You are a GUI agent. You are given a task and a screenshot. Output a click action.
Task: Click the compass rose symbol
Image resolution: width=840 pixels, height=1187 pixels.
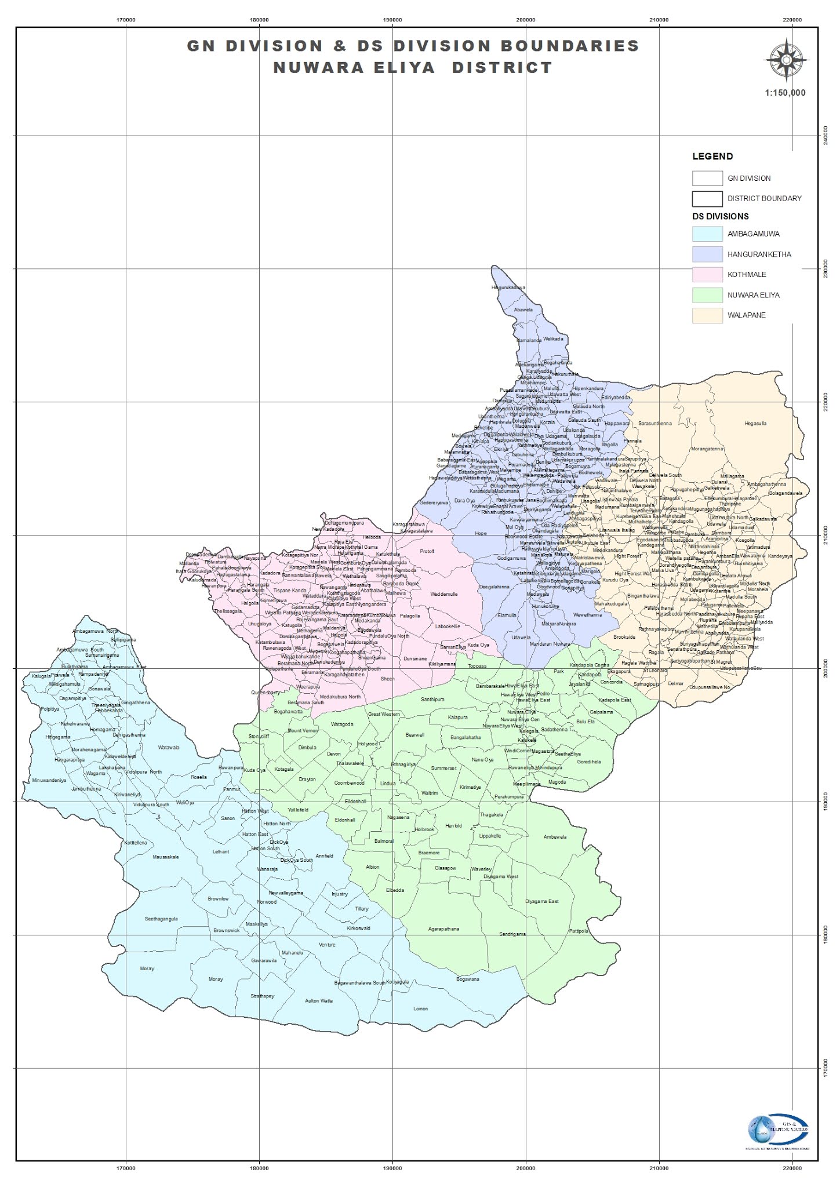[786, 60]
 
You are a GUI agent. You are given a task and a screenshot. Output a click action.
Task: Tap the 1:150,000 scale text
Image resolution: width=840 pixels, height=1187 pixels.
[785, 93]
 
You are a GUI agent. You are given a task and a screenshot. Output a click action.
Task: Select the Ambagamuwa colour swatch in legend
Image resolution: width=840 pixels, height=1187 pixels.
[707, 234]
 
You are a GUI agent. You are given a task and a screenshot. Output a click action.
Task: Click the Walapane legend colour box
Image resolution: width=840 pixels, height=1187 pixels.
[707, 315]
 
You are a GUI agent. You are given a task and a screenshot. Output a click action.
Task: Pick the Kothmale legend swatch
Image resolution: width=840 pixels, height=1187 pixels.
[707, 275]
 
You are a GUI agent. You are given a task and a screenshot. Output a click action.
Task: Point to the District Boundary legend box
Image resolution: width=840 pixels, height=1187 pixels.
[707, 198]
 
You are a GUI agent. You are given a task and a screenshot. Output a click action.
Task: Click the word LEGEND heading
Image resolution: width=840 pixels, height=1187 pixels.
[712, 156]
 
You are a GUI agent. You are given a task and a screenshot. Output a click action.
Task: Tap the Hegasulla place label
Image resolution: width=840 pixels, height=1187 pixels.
[755, 424]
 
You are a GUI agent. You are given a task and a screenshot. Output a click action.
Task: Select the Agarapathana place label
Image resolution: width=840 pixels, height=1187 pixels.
[443, 929]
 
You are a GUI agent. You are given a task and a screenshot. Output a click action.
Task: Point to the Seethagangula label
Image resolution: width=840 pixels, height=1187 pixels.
[161, 919]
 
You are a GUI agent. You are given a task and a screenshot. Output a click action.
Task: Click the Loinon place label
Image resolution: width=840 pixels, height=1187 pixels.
[420, 1008]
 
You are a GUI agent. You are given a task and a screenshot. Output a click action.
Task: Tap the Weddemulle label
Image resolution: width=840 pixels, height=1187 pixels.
[444, 594]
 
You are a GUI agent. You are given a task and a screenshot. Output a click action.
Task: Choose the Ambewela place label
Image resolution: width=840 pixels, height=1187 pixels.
[555, 837]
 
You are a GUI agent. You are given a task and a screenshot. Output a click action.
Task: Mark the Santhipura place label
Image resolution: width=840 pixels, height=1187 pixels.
[432, 700]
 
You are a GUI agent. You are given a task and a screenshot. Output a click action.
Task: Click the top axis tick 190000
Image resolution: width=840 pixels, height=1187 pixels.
[392, 20]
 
